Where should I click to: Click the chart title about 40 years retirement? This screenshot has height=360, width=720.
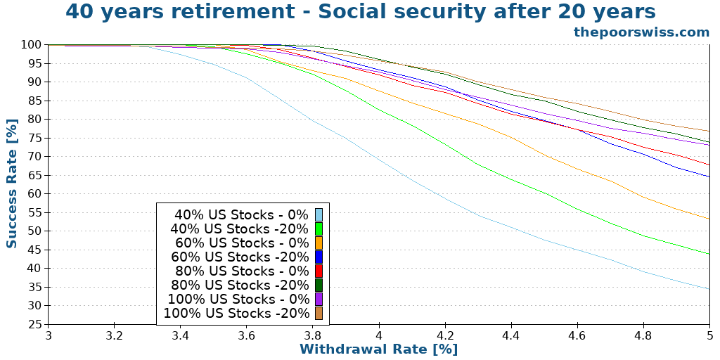tap(360, 12)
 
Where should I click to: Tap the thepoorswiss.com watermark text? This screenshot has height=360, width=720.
tap(641, 32)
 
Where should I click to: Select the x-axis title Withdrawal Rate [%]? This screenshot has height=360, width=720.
tap(378, 349)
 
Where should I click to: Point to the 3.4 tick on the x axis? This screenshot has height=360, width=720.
tap(181, 335)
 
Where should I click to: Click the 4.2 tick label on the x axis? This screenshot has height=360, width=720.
tap(445, 335)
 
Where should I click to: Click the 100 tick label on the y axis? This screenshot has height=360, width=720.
tap(30, 44)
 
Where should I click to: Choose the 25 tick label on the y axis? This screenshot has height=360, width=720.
tap(34, 324)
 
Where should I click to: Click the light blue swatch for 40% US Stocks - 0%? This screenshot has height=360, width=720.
tap(319, 214)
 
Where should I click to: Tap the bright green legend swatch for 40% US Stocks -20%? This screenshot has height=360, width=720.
tap(319, 229)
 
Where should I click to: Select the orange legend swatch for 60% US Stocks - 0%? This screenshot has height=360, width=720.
tap(319, 243)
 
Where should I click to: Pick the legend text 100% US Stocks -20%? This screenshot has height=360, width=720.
tap(236, 313)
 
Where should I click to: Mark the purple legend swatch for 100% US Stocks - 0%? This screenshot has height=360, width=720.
tap(319, 299)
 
